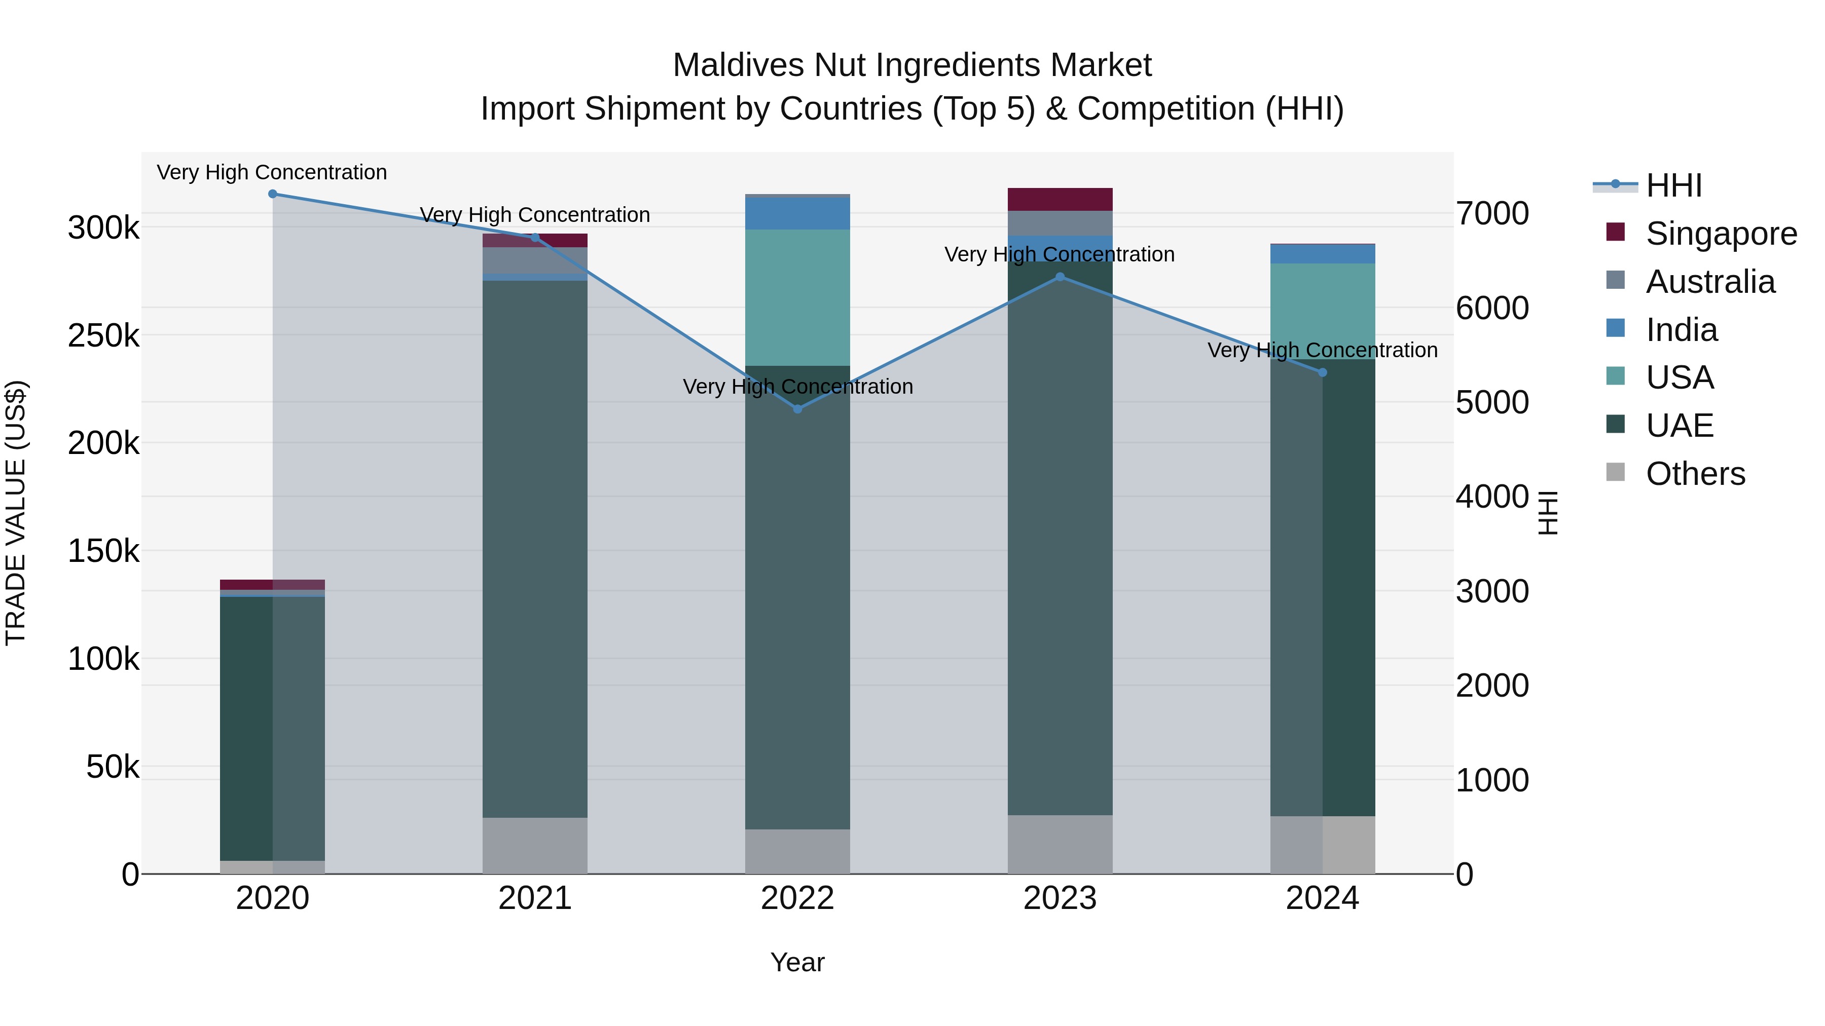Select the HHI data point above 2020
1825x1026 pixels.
click(x=273, y=194)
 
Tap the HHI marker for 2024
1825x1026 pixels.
click(x=1322, y=372)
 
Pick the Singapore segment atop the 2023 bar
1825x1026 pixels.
click(x=1060, y=199)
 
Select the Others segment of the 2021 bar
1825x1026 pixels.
click(x=535, y=846)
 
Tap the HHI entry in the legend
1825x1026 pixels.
click(x=1673, y=185)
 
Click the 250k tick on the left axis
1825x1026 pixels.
click(x=103, y=335)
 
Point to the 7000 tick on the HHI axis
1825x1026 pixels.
click(x=1492, y=214)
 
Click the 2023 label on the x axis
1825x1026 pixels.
click(x=1060, y=898)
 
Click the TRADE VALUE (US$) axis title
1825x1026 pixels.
click(x=16, y=513)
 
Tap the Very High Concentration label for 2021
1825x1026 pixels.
click(x=535, y=214)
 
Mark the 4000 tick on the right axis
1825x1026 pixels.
click(x=1492, y=497)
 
